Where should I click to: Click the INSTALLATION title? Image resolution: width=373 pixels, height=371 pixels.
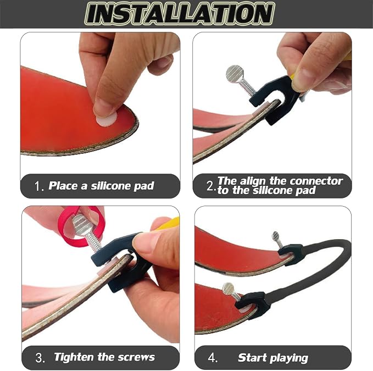click(180, 14)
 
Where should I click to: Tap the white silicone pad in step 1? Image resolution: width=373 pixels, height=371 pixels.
click(107, 119)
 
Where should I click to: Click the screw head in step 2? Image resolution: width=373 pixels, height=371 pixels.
click(235, 73)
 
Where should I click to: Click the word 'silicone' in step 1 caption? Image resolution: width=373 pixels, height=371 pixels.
click(111, 186)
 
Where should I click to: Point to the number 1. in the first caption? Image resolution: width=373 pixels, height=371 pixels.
click(39, 186)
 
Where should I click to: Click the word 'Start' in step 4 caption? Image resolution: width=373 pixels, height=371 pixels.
click(252, 358)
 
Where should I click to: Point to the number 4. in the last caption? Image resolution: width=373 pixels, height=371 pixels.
click(213, 357)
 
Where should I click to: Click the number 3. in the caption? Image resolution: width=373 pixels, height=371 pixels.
click(40, 358)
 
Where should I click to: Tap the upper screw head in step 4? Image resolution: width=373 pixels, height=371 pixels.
click(276, 236)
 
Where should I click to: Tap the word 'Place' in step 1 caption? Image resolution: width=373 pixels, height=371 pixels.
click(62, 186)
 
